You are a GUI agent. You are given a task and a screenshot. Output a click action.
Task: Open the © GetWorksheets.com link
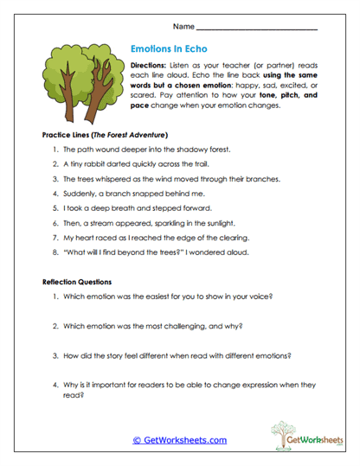[179, 440]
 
